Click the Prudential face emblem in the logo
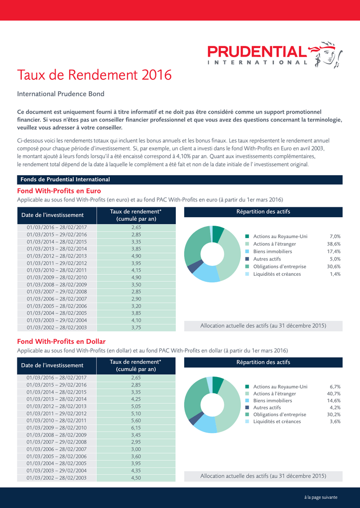326,54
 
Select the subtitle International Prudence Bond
61,94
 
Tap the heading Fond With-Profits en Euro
59,191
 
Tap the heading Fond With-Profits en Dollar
61,341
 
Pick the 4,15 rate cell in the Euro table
136,270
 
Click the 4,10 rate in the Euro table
136,320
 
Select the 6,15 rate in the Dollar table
136,428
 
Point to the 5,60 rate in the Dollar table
136,421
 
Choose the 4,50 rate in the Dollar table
136,478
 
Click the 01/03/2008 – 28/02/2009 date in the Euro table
57,284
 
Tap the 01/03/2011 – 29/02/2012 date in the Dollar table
57,413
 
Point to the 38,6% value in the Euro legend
334,244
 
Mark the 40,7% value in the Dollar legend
334,393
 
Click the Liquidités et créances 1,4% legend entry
293,274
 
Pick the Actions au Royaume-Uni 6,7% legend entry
293,386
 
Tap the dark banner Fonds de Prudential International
180,180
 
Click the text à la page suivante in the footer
321,497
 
